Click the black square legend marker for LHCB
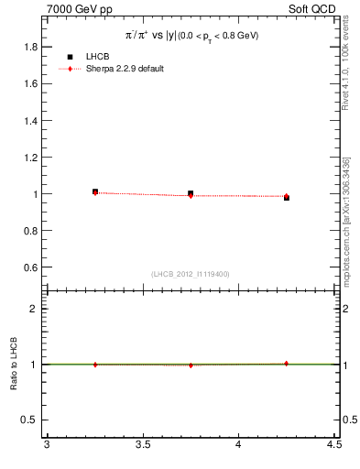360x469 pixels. (70, 57)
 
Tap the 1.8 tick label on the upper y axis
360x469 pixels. (29, 47)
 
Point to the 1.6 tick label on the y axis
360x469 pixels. (29, 83)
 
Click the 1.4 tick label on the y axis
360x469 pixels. (29, 120)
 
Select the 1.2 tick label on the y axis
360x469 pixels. (29, 157)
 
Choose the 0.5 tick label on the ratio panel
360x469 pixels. (29, 420)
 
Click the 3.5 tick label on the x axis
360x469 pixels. (142, 446)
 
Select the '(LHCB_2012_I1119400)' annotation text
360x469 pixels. (191, 274)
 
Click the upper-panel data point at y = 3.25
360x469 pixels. (95, 191)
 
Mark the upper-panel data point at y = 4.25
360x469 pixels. (286, 197)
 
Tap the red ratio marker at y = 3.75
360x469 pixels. (191, 365)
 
